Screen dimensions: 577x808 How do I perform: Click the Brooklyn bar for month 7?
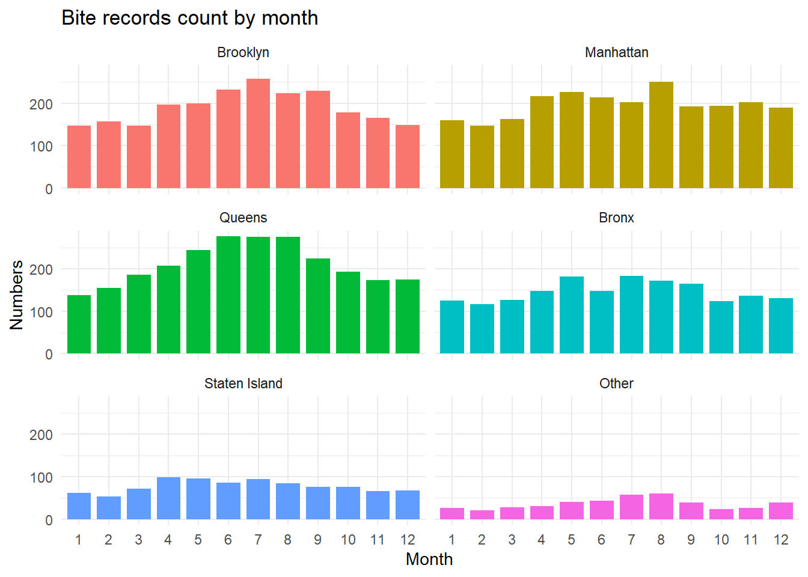[x=258, y=133]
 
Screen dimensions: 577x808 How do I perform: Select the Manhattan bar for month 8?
[x=661, y=135]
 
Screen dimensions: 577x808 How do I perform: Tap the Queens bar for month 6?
[x=228, y=295]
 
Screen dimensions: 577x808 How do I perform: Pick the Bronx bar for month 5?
[x=572, y=315]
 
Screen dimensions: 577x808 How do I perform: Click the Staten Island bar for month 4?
[x=168, y=498]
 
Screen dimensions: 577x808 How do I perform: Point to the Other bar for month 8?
[x=661, y=507]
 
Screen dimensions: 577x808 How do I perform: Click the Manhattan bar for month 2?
[x=482, y=157]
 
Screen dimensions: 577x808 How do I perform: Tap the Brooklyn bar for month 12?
[x=408, y=157]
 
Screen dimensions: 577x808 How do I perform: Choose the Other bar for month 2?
[x=482, y=515]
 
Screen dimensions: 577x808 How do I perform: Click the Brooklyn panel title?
[x=243, y=52]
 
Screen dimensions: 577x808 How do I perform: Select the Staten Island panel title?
[x=243, y=383]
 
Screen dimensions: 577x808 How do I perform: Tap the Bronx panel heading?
[x=616, y=218]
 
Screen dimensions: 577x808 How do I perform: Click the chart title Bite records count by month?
[x=190, y=18]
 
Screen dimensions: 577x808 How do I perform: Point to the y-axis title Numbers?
[x=17, y=295]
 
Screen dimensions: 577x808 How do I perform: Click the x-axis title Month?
[x=429, y=559]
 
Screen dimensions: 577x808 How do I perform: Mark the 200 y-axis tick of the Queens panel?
[x=41, y=270]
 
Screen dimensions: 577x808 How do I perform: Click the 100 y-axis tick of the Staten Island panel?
[x=41, y=478]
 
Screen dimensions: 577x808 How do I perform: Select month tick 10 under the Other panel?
[x=721, y=540]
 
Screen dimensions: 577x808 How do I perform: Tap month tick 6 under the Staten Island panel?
[x=228, y=540]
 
